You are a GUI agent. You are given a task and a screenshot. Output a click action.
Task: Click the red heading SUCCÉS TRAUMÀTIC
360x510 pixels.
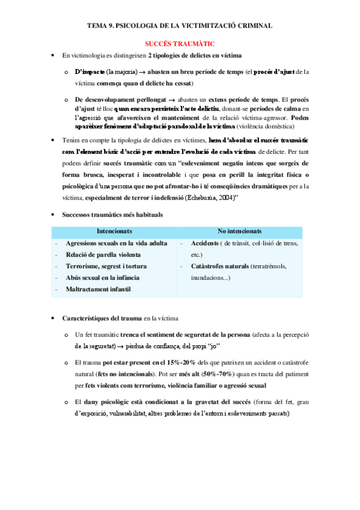(180, 44)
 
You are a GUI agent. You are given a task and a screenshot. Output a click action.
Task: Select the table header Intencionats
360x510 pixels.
(114, 232)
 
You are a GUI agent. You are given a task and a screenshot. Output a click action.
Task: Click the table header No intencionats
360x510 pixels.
(239, 232)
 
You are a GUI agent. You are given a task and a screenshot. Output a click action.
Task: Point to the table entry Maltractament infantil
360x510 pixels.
(99, 289)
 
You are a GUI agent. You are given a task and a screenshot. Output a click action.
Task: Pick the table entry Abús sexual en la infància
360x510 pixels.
(103, 278)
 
